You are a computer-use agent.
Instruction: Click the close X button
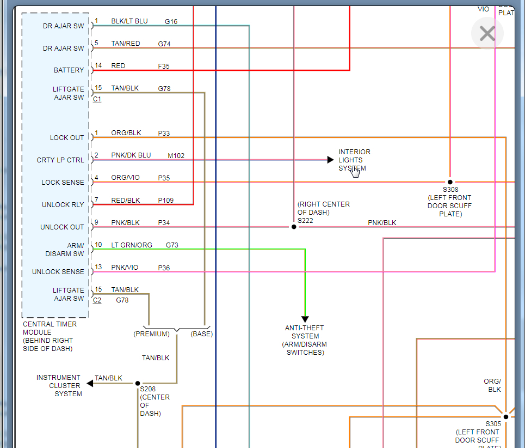pos(487,34)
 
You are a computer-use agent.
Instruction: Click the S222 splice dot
pos(294,227)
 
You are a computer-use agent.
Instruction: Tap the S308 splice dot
pos(450,182)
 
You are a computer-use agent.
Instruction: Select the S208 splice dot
pos(138,384)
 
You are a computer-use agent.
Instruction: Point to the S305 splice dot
pos(505,417)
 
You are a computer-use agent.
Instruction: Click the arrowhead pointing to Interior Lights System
pos(330,160)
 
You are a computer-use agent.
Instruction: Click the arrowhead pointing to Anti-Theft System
pos(305,319)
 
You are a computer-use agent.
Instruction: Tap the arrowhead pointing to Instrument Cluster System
pos(90,384)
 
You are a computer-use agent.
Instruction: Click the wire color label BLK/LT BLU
pos(129,21)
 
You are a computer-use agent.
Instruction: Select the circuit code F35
pos(164,66)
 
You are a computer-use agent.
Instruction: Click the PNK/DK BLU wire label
pos(131,155)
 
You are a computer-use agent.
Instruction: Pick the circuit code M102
pos(176,156)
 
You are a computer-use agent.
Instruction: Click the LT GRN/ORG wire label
pos(132,245)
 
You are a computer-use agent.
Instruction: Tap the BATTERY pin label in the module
pos(69,70)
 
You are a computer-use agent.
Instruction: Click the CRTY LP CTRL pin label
pos(60,160)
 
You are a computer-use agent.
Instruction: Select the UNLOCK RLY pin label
pos(63,205)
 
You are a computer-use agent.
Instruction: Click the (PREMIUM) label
pos(151,334)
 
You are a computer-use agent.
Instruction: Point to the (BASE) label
pos(201,334)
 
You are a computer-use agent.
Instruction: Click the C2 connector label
pos(97,300)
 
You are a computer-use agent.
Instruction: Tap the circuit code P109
pos(166,201)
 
